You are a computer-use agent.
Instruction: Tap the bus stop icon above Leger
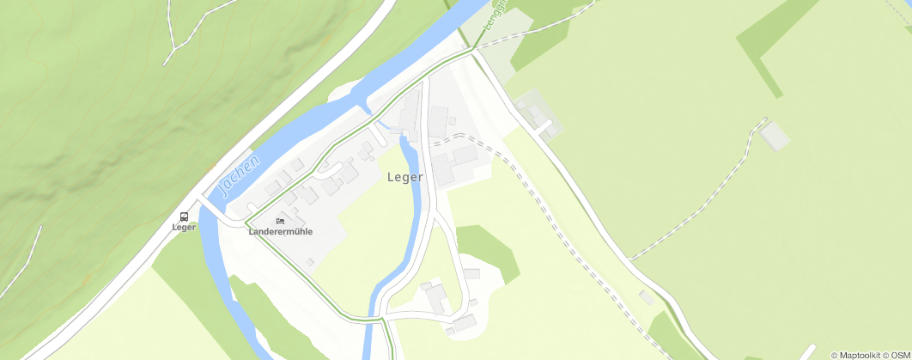click(x=184, y=216)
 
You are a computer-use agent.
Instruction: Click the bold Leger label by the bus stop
click(x=184, y=228)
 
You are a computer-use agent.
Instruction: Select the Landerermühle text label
click(x=280, y=232)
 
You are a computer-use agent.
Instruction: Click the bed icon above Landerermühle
click(x=280, y=221)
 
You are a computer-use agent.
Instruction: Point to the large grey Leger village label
click(x=405, y=178)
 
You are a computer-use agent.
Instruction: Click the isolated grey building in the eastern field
click(x=775, y=136)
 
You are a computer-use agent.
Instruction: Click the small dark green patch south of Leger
click(x=489, y=249)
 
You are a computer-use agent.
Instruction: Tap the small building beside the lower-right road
click(x=646, y=296)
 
